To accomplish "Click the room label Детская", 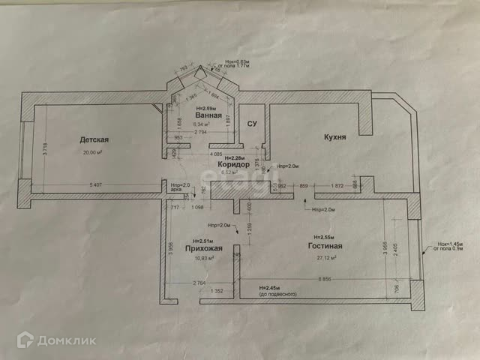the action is pyautogui.click(x=95, y=139).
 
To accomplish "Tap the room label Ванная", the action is pyautogui.click(x=208, y=116).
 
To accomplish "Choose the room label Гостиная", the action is pyautogui.click(x=325, y=246).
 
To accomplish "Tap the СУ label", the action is pyautogui.click(x=253, y=124).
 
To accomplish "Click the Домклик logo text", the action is pyautogui.click(x=75, y=340).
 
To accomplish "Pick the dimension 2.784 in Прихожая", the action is pyautogui.click(x=199, y=283).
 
